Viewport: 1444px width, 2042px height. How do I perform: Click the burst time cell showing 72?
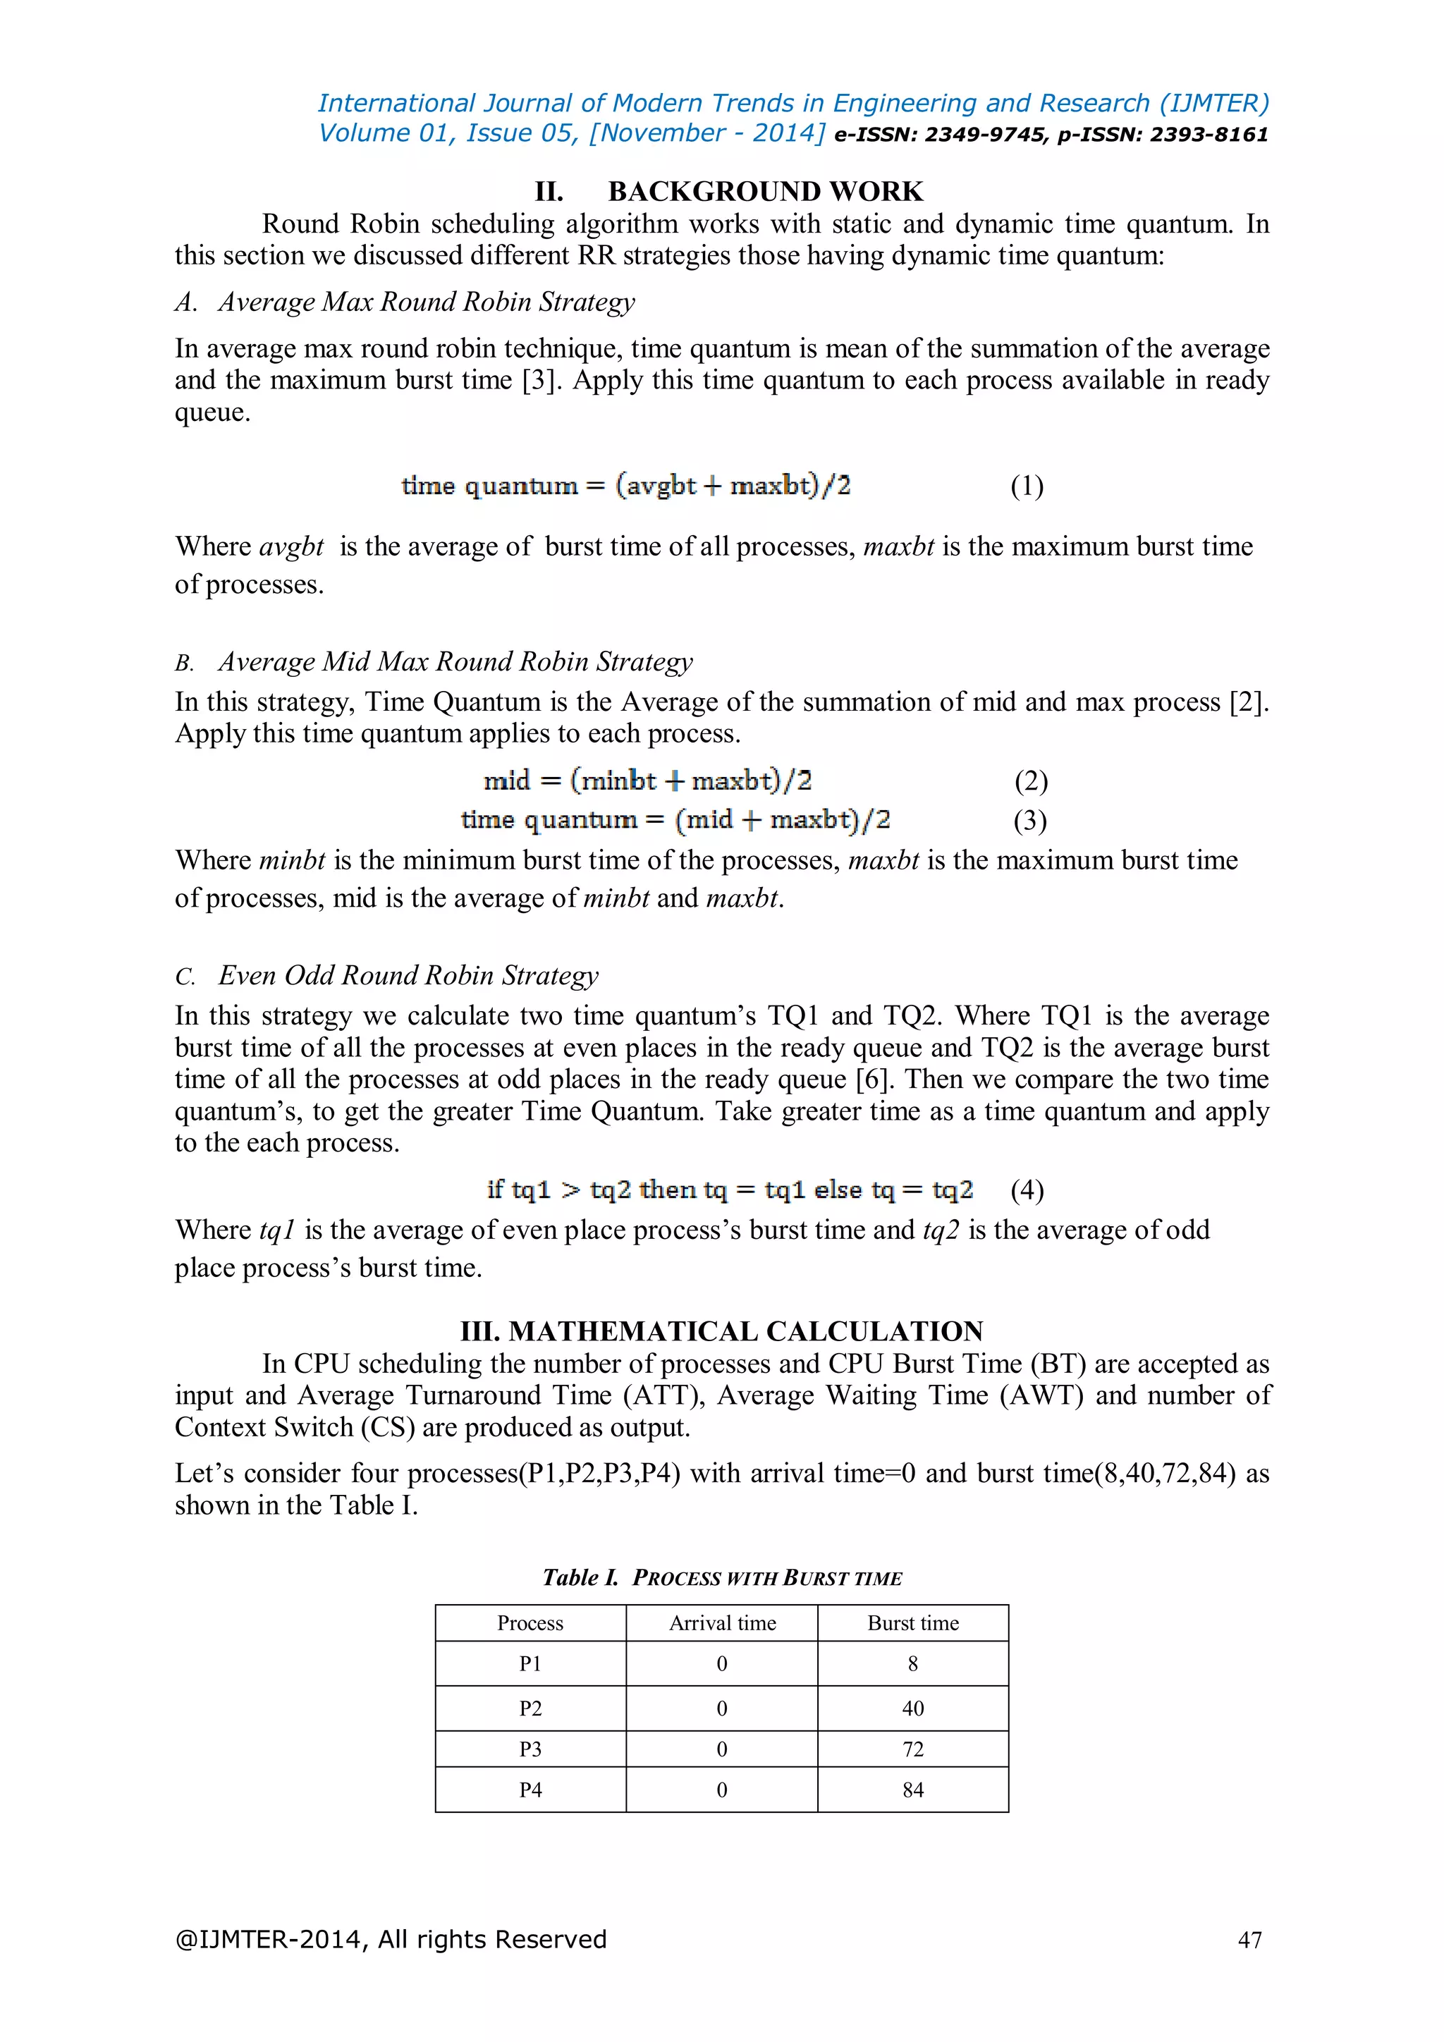[x=912, y=1749]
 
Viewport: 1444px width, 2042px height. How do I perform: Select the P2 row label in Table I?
[x=530, y=1708]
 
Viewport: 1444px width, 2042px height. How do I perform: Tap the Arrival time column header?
[x=722, y=1623]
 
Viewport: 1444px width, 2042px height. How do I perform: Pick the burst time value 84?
[x=912, y=1790]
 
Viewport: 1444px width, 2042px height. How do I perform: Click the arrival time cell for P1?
[x=721, y=1663]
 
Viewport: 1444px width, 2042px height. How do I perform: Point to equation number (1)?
[x=1027, y=486]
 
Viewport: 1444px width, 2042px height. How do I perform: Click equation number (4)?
[x=1027, y=1190]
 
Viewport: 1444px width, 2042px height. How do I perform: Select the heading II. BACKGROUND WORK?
[x=728, y=191]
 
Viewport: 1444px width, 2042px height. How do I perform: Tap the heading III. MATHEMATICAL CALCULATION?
[x=721, y=1331]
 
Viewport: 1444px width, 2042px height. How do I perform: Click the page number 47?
[x=1249, y=1940]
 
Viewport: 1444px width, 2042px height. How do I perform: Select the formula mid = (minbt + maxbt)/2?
[x=647, y=781]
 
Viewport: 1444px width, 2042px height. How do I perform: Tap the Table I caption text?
[x=722, y=1578]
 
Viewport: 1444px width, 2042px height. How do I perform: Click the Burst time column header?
[x=912, y=1623]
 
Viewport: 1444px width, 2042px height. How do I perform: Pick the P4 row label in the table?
[x=530, y=1790]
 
